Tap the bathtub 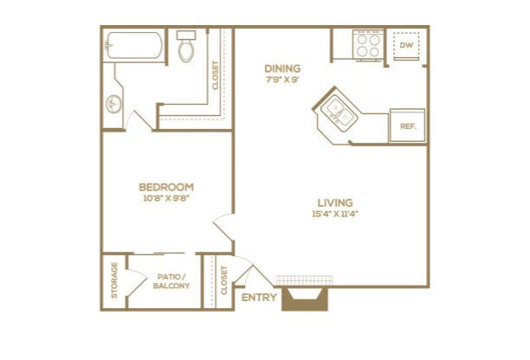134,45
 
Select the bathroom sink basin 113,105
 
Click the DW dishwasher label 406,45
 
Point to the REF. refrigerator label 408,126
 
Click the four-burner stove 368,46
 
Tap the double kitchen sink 339,113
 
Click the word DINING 282,68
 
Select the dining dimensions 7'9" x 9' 282,80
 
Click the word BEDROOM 166,187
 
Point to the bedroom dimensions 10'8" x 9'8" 165,198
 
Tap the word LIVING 335,202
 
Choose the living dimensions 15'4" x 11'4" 335,214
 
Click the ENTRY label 259,298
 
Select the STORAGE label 114,280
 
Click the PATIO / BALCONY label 171,281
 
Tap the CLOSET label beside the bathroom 216,75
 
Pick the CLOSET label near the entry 223,280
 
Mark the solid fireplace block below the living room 305,299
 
